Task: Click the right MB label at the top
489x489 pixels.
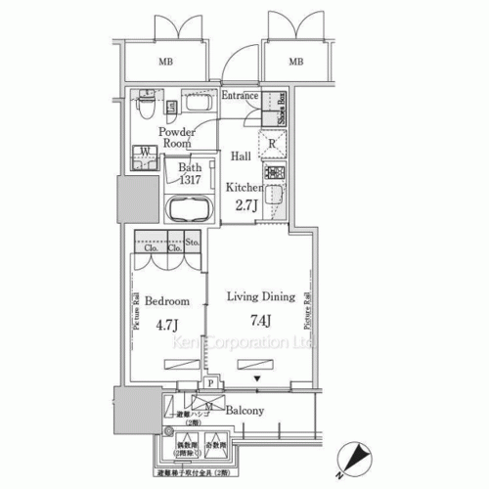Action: click(x=294, y=64)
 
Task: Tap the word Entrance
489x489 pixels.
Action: click(x=240, y=96)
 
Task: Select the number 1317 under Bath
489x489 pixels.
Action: click(x=191, y=179)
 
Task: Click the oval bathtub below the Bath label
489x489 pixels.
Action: click(x=191, y=210)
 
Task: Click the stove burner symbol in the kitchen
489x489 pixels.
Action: click(x=274, y=175)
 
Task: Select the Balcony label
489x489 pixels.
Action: click(x=243, y=412)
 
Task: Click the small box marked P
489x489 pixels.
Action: click(x=210, y=384)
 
